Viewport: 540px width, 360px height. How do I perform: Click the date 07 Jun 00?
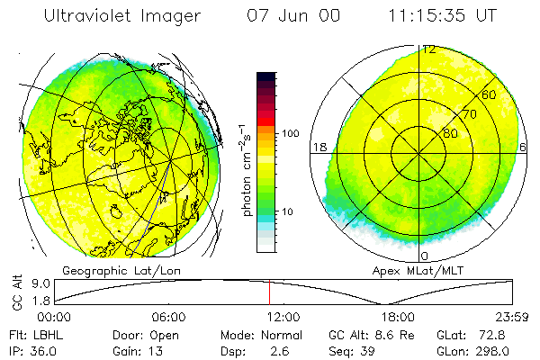294,15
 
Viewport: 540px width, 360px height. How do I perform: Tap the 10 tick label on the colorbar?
289,212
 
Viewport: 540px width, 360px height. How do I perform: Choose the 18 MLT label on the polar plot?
318,147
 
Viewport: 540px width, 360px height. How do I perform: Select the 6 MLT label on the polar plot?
524,147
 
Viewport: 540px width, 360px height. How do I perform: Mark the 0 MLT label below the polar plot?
425,256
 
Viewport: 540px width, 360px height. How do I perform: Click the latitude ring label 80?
450,134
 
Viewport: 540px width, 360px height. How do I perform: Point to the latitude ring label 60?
489,95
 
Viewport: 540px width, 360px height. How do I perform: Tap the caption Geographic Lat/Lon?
111,270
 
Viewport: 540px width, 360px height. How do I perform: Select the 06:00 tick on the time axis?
168,317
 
